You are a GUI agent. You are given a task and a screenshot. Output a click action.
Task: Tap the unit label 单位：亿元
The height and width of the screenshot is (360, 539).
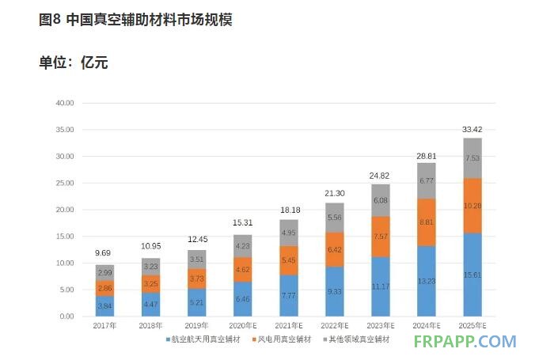(x=73, y=63)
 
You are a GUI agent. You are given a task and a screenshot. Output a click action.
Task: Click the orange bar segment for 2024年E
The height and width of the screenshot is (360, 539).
(x=427, y=222)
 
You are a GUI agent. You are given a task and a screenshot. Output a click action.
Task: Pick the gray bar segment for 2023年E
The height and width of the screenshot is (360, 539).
(x=381, y=200)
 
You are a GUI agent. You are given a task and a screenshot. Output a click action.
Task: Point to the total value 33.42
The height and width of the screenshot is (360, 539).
(x=473, y=128)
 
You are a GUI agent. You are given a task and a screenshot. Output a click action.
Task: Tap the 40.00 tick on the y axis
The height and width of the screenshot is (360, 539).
(x=64, y=103)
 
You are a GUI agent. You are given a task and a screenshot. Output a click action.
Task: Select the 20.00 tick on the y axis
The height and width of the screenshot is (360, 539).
(x=64, y=210)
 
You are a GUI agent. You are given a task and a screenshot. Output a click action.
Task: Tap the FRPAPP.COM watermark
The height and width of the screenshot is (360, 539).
(x=465, y=342)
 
